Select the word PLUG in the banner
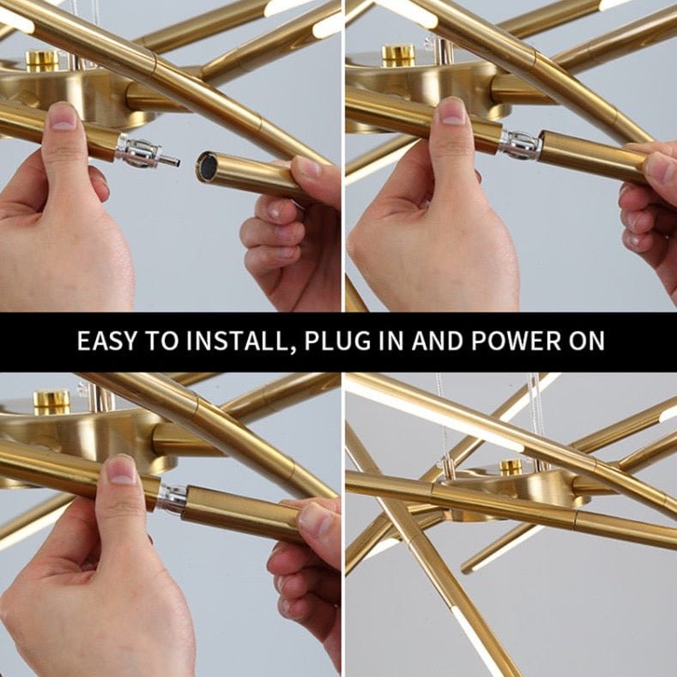(x=337, y=341)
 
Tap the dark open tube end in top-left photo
(x=208, y=166)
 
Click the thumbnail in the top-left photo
(x=63, y=116)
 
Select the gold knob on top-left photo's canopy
(x=42, y=61)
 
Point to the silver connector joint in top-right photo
(x=520, y=144)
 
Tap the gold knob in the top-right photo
(x=398, y=56)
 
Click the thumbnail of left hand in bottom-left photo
(x=122, y=469)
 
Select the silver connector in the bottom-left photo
(x=172, y=499)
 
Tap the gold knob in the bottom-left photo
(x=51, y=402)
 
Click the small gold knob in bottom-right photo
(x=511, y=466)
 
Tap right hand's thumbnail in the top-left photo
(x=309, y=167)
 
